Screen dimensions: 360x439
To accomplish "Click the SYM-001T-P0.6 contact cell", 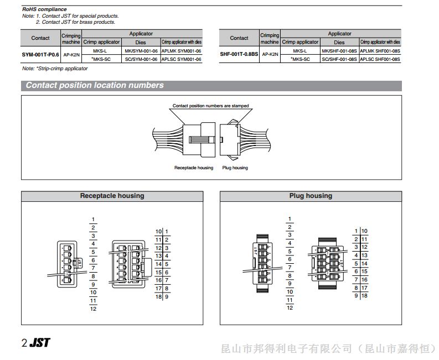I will [40, 55].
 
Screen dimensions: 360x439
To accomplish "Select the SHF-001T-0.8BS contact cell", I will [239, 55].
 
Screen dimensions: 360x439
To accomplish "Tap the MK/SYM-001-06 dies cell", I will [141, 51].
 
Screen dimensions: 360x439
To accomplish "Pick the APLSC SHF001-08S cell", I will [380, 59].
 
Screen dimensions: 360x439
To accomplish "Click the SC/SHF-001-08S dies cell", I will [339, 59].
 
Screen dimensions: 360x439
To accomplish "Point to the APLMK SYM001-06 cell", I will [182, 51].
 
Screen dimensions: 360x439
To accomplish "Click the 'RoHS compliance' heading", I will [44, 9].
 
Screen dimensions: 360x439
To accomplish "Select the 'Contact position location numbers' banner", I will [95, 85].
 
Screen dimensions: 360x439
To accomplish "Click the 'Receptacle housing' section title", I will [112, 196].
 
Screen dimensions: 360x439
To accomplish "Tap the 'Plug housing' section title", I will [311, 196].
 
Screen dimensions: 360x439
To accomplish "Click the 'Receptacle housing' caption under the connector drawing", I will [194, 168].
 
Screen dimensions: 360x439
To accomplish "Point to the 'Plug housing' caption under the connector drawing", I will [235, 168].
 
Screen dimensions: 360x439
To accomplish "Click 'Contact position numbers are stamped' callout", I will [210, 106].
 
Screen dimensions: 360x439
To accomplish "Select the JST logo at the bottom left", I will [39, 342].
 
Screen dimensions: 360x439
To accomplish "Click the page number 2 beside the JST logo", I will [24, 343].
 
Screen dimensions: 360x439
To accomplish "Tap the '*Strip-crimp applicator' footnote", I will [55, 69].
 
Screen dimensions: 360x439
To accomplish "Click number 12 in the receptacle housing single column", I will [93, 308].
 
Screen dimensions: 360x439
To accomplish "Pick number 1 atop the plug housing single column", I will [290, 220].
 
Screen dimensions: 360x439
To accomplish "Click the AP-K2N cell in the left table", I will [71, 55].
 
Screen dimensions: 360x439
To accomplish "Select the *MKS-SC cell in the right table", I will [300, 59].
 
